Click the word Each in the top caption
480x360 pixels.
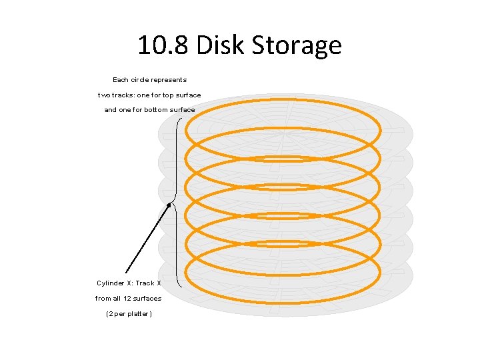click(x=121, y=79)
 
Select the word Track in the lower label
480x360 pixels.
click(x=145, y=283)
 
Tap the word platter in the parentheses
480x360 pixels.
click(x=137, y=314)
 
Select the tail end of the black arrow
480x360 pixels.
click(x=126, y=273)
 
